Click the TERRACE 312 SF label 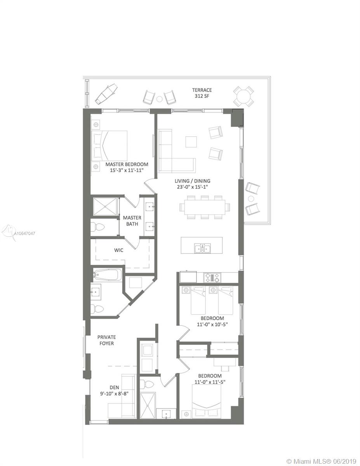202,93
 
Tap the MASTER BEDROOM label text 127,164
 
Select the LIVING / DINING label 192,181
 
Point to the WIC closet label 118,250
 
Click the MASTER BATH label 132,221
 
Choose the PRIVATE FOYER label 106,340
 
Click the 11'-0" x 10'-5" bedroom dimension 212,325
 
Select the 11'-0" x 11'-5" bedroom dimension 210,382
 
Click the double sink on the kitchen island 202,248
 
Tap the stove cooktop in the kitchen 212,278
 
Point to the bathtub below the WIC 107,275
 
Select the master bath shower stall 105,206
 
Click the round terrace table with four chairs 243,96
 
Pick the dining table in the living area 205,207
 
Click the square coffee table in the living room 191,142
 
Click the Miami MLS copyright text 322,461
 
